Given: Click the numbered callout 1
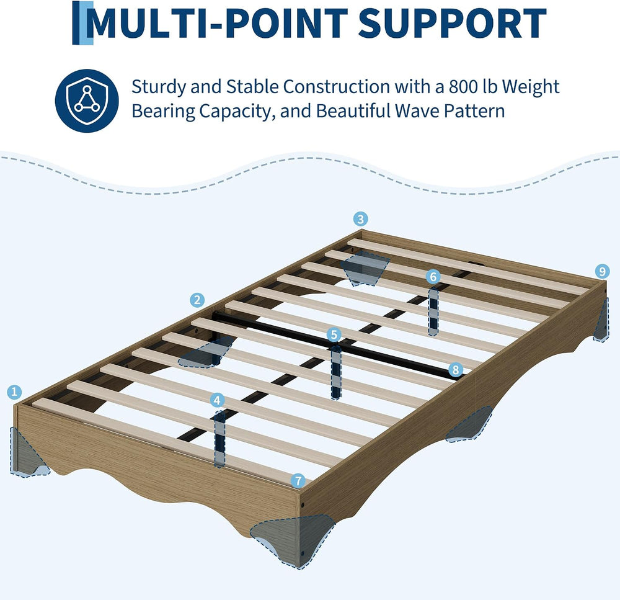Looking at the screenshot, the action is tap(14, 392).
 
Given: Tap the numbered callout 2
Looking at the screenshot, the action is tap(197, 300).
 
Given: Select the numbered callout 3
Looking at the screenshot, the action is tap(360, 219).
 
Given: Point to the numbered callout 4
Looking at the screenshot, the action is tap(216, 400).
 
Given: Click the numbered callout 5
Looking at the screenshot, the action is tap(334, 335).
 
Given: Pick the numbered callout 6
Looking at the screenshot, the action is tap(433, 277).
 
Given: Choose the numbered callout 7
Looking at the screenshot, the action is tap(298, 481).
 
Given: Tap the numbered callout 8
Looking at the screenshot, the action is tap(456, 370).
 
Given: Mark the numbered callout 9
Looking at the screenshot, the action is tap(602, 272).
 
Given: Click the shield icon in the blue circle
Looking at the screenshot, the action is tap(87, 101).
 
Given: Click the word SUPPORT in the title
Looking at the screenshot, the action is tap(452, 23).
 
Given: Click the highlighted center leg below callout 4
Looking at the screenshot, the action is tap(219, 439).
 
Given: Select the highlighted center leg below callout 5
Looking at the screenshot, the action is tap(336, 372).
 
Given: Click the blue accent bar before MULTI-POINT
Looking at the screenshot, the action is tap(82, 22).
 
